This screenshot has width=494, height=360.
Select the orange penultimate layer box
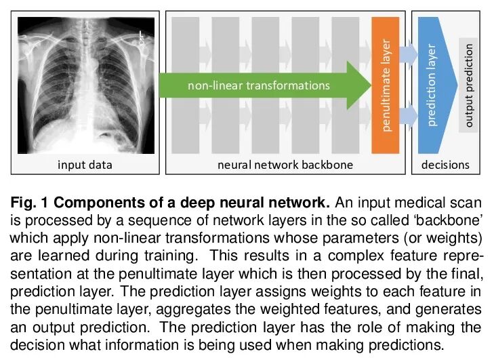[385, 85]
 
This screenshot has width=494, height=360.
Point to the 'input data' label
[85, 165]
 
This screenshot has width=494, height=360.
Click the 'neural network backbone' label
[285, 165]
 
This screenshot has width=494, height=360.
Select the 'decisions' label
[445, 165]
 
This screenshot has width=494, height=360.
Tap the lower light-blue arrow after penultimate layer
[408, 115]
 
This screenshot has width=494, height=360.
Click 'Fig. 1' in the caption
[29, 202]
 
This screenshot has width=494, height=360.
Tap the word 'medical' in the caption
[399, 202]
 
